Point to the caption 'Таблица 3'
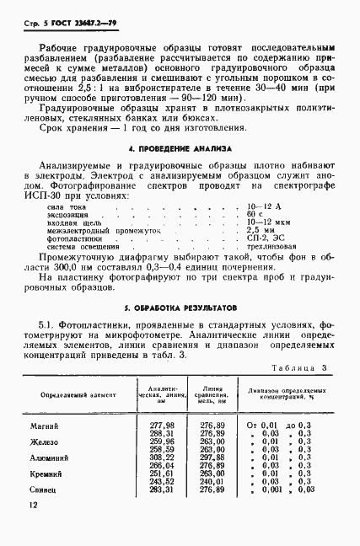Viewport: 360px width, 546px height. [x=300, y=368]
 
